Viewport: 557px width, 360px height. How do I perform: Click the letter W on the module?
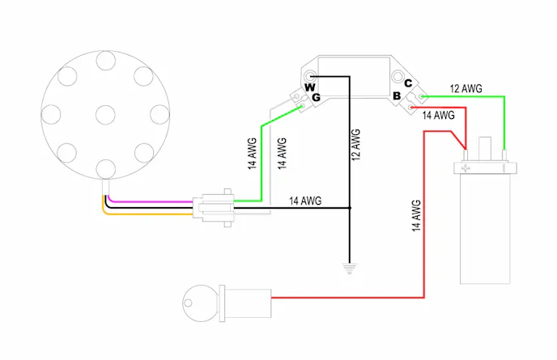(308, 87)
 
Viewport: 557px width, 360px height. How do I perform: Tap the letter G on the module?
(316, 97)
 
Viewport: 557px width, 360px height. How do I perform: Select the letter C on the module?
(408, 83)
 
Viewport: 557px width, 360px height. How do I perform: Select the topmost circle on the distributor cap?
(104, 60)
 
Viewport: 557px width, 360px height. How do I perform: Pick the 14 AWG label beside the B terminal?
(439, 116)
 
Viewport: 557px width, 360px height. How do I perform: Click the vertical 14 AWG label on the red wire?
(416, 217)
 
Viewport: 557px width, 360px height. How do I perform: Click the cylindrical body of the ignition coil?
(486, 231)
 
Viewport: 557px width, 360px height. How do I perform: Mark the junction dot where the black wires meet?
(350, 208)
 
